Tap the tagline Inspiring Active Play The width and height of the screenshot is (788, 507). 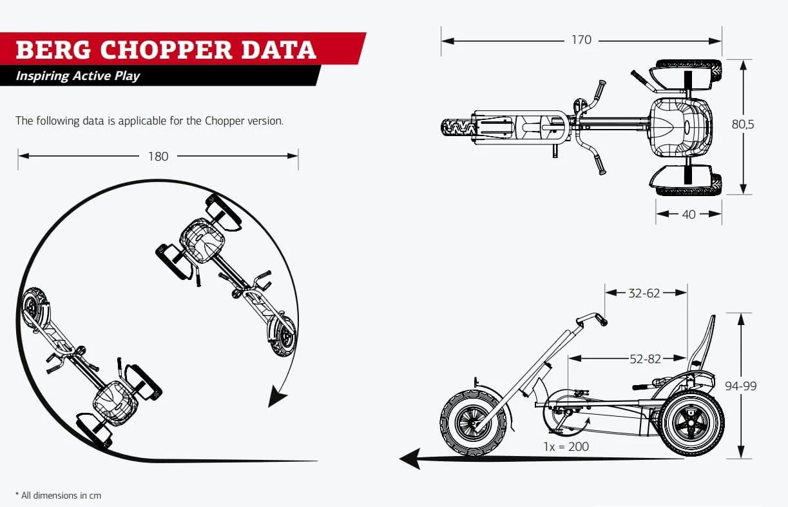77,76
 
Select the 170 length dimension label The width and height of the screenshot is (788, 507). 581,40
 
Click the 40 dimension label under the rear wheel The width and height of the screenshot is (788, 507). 688,214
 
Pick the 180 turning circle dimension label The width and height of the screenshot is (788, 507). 158,156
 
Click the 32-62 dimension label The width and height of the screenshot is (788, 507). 644,293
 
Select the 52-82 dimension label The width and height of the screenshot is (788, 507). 645,359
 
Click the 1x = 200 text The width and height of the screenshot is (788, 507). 566,446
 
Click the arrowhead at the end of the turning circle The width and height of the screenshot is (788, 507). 278,396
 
